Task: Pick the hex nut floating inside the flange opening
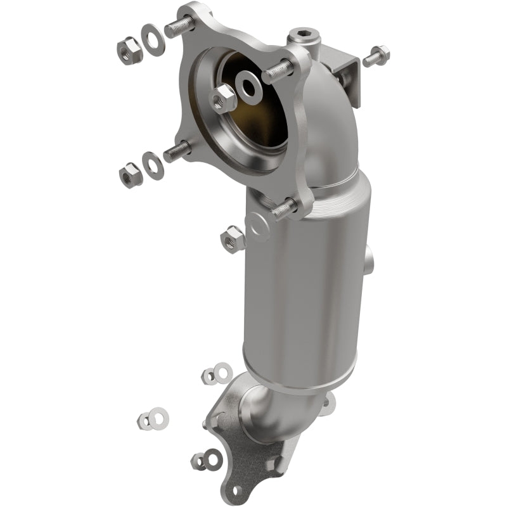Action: tap(222, 97)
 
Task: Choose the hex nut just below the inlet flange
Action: tap(232, 238)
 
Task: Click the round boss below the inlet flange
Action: tap(257, 224)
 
